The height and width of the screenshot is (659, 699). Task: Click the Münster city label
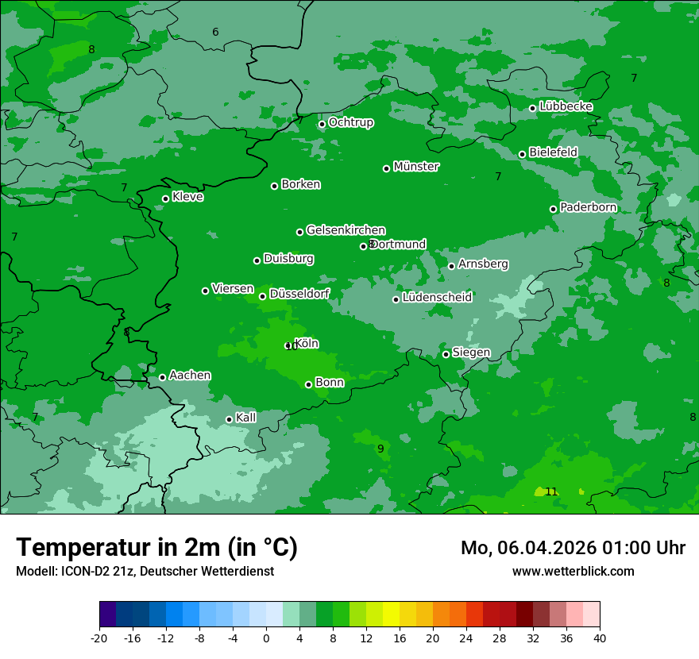416,167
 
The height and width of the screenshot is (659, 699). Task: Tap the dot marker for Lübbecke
532,108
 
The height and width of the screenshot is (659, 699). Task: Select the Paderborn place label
589,207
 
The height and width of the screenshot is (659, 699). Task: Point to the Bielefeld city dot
522,154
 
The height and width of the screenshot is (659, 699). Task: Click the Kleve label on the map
187,197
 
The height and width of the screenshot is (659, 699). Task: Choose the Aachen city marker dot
162,377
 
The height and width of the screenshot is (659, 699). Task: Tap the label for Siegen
471,353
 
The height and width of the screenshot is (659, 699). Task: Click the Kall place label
246,418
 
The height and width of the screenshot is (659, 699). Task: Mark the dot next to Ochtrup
322,124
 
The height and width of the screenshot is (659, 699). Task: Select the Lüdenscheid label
437,298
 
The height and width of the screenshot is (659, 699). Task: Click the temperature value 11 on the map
551,492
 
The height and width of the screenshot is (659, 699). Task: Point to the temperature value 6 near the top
215,32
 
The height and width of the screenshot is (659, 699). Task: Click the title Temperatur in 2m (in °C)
156,547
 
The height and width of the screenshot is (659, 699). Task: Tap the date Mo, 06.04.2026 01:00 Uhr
573,548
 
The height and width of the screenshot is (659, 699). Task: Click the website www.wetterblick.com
573,571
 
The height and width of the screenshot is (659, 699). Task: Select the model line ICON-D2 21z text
145,571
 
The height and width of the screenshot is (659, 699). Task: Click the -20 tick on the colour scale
99,638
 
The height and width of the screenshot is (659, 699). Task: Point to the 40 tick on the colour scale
600,638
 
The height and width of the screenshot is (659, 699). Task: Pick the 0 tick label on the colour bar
266,638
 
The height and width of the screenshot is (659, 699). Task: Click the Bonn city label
330,383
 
